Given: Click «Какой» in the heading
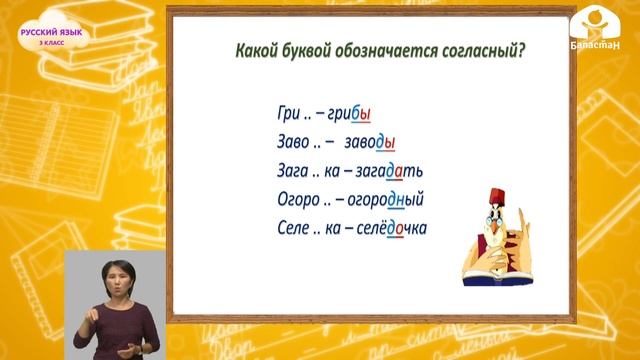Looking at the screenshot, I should [254, 51].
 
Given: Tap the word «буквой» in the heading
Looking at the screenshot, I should [310, 51].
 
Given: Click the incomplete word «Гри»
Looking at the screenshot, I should [288, 114].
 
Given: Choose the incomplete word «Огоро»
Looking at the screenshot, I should [298, 199].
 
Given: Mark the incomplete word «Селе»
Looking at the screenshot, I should [293, 228].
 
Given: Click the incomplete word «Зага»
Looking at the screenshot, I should [294, 170].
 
